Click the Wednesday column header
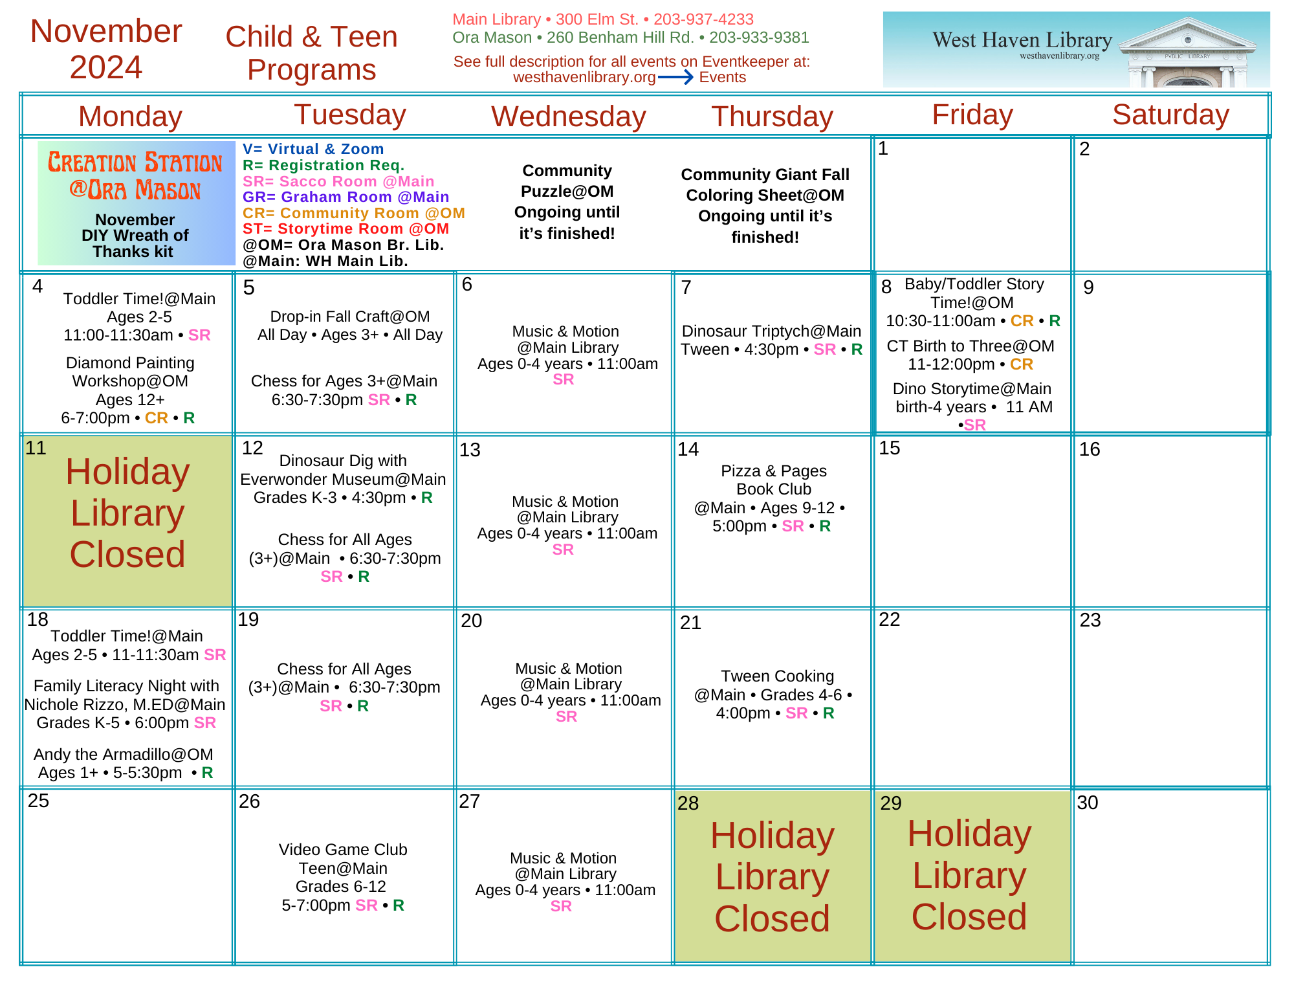(x=569, y=117)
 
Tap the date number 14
(x=688, y=449)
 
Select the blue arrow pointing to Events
(x=676, y=78)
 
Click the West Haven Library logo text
(x=1022, y=41)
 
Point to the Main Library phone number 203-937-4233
(x=703, y=19)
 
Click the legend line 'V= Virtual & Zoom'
(x=313, y=149)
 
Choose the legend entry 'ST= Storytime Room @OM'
(x=345, y=228)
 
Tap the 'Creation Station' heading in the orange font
(x=135, y=175)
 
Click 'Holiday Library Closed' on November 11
(x=127, y=513)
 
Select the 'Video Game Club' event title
(x=343, y=849)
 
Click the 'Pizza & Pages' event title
(x=774, y=471)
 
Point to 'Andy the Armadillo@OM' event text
(x=123, y=754)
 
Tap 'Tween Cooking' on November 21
(x=777, y=676)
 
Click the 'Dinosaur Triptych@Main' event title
(x=771, y=331)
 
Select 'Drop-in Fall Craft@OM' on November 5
(x=349, y=316)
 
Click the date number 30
(x=1088, y=803)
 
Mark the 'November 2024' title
(x=106, y=49)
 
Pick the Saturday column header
(x=1170, y=115)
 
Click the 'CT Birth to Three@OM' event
(x=970, y=346)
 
